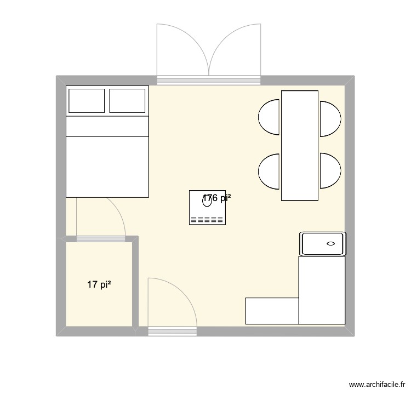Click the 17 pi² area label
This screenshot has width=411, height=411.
[x=99, y=284]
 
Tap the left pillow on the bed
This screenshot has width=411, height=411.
[x=86, y=101]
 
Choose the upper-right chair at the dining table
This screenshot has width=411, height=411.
[x=330, y=118]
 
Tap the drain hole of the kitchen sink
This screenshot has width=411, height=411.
[x=331, y=243]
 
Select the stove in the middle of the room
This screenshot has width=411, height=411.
[x=207, y=208]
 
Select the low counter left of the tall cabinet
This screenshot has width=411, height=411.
[x=272, y=311]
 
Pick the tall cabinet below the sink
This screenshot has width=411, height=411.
[x=322, y=290]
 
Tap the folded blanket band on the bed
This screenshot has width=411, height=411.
[x=107, y=127]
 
